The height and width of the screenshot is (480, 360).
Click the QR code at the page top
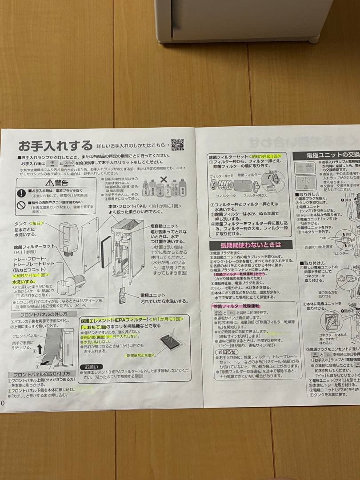(177, 145)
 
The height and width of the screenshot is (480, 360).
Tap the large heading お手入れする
(55, 146)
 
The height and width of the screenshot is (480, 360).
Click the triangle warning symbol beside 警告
(50, 183)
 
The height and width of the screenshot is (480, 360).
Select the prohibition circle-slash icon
(21, 205)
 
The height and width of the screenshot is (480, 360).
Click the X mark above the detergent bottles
(164, 180)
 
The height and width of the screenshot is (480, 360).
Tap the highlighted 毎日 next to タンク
(37, 223)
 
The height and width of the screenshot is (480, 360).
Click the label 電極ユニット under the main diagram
(152, 295)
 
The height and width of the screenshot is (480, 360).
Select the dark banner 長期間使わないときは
(251, 245)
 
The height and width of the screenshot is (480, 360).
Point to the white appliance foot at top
(313, 39)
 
